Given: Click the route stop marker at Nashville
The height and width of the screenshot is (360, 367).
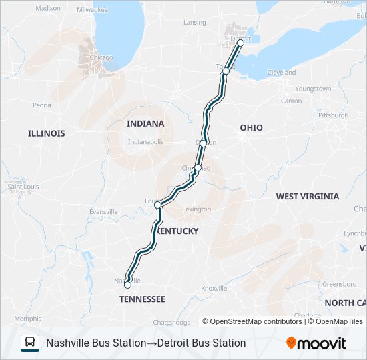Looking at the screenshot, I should [x=127, y=285].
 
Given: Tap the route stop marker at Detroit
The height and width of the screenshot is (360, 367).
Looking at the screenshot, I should [x=240, y=43].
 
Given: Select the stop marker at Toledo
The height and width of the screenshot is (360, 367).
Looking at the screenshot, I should [x=226, y=71].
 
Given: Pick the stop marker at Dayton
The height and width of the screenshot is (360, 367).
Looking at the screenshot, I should [x=204, y=143].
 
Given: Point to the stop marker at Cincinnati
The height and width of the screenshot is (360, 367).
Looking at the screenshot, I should [x=198, y=168].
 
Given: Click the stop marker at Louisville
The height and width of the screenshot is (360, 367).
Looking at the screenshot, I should [x=158, y=205].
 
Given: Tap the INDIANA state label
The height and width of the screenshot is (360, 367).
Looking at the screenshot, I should [x=145, y=123].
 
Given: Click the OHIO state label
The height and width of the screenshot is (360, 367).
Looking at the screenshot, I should [x=251, y=127].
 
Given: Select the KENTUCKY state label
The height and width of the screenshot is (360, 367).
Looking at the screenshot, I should [x=178, y=231].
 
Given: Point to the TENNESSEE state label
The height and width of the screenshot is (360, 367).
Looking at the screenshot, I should [x=142, y=299].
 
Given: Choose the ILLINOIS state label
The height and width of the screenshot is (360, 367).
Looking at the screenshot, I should [x=47, y=133].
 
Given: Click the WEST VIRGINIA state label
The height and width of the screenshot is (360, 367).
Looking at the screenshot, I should [x=308, y=196].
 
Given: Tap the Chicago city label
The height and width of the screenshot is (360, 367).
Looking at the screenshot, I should [x=101, y=57].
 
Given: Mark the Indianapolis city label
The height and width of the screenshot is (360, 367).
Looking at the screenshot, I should [x=145, y=142].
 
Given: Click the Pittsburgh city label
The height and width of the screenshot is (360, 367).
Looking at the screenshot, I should [x=333, y=115].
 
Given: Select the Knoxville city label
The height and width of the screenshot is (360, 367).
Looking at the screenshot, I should [x=214, y=288].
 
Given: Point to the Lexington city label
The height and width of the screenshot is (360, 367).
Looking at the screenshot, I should [x=196, y=209].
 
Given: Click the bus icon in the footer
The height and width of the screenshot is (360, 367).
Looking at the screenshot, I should [x=30, y=343].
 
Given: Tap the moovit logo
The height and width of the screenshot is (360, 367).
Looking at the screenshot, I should [x=316, y=343].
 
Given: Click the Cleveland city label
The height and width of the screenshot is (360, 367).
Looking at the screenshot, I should [x=281, y=72].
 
